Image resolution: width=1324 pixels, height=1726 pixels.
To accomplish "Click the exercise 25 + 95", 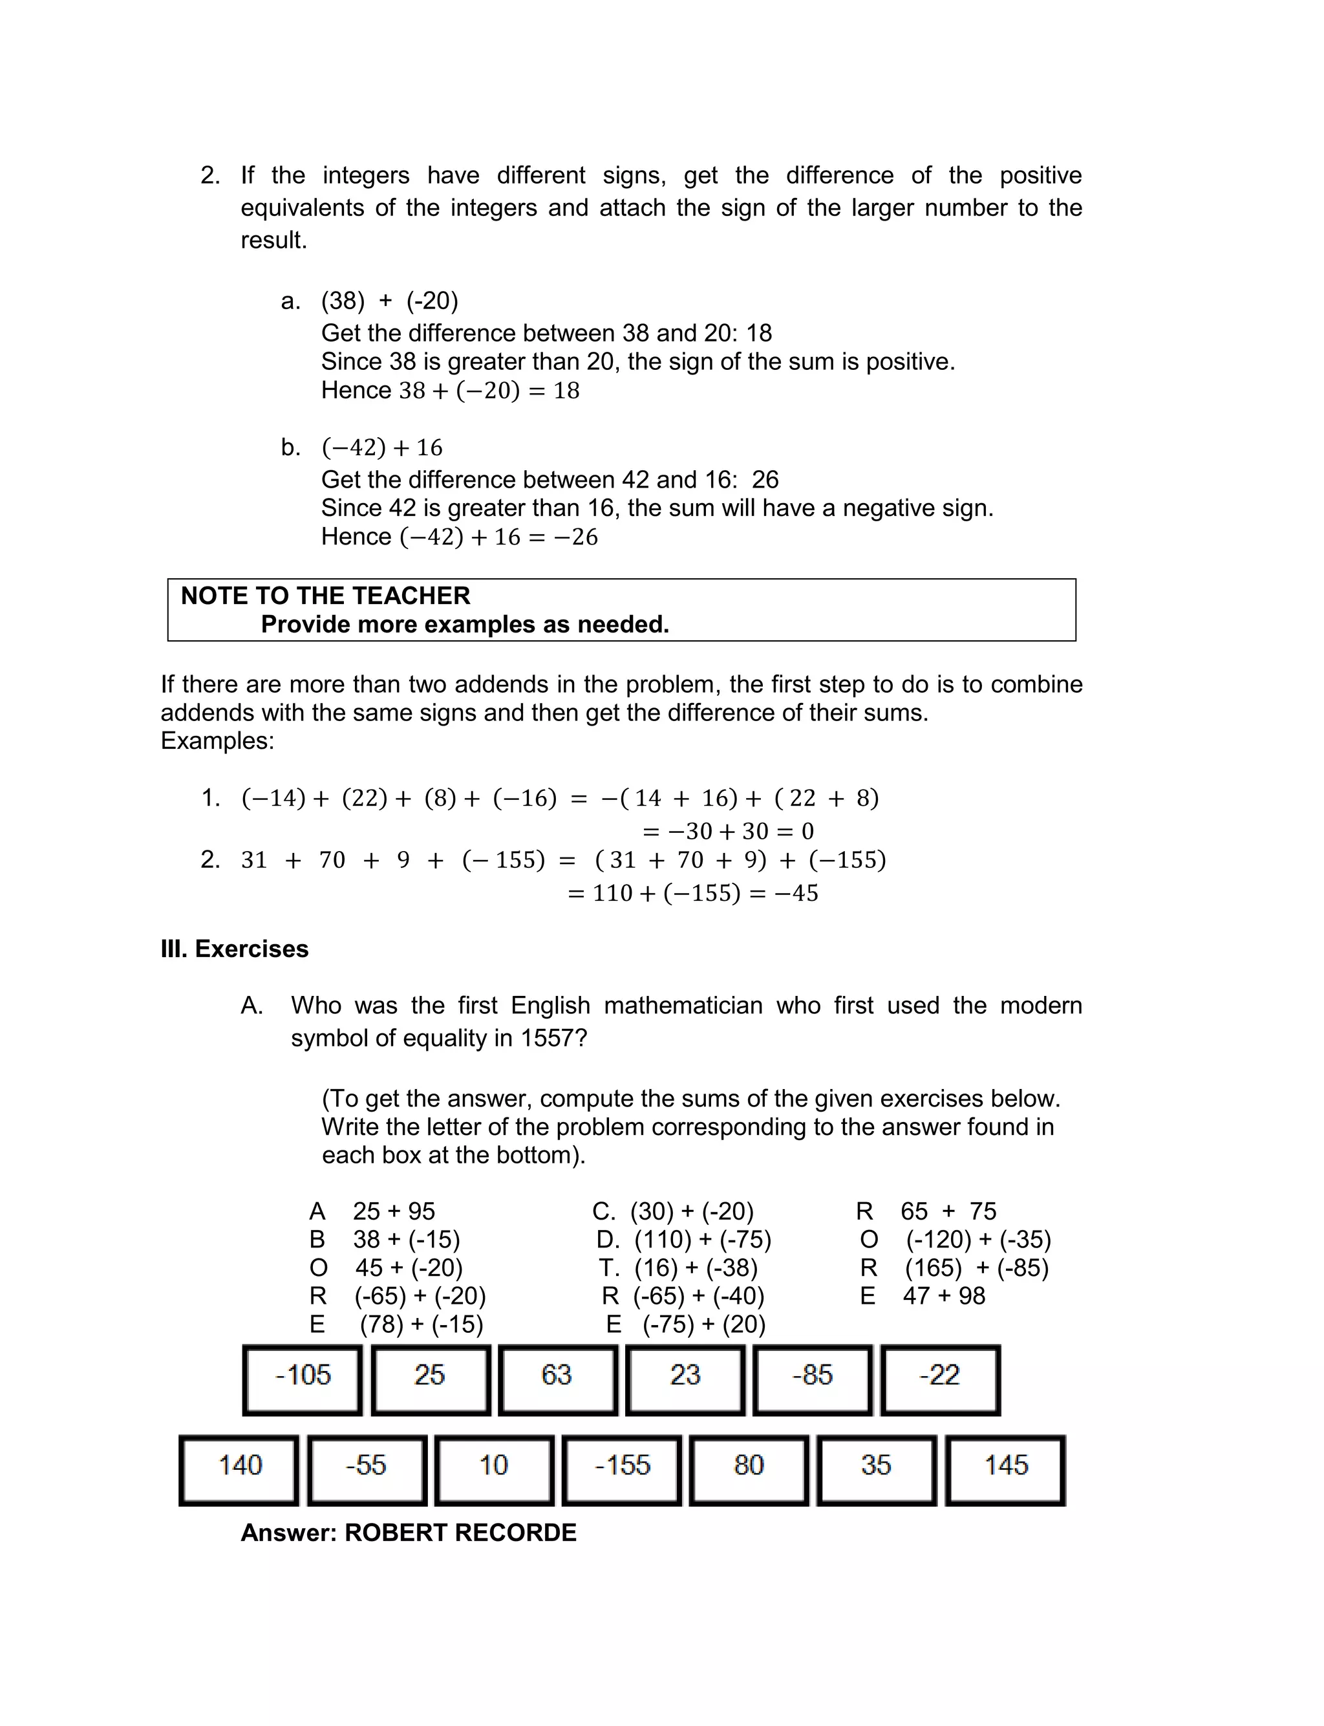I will [x=393, y=1211].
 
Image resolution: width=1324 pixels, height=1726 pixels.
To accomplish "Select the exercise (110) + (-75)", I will [x=702, y=1240].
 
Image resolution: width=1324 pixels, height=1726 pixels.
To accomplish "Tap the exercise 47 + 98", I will [x=943, y=1297].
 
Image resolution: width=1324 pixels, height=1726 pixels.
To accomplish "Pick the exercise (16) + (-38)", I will [x=695, y=1268].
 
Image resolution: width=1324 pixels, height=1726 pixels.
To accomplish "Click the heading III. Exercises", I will [x=234, y=949].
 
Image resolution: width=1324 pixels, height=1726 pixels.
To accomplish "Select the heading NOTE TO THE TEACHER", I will [x=325, y=596].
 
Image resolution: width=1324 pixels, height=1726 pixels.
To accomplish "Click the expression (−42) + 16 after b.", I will [x=382, y=448].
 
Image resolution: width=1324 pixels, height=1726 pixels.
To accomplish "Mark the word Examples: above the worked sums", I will [x=217, y=741].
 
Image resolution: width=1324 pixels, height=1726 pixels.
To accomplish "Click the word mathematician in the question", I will [x=683, y=1006].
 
